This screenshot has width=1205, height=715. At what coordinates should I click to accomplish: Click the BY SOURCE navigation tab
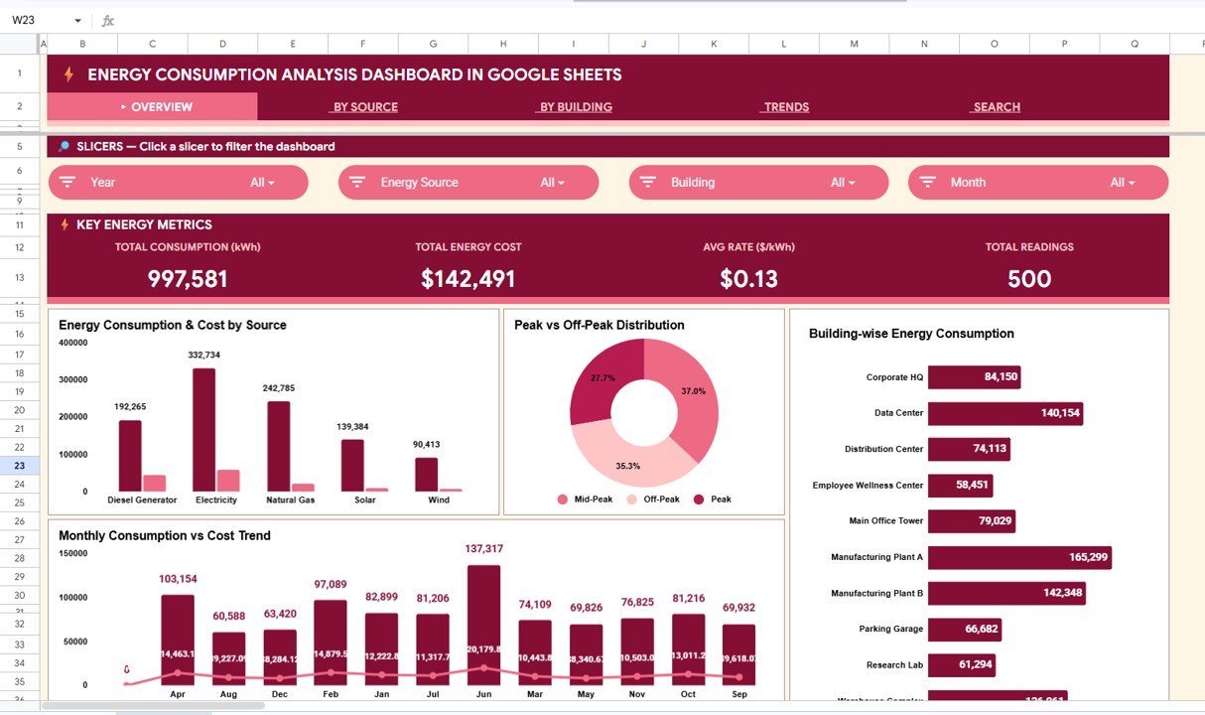(365, 107)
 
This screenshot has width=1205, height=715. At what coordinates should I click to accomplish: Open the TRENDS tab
(786, 107)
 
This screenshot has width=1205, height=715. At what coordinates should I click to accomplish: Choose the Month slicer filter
(1037, 183)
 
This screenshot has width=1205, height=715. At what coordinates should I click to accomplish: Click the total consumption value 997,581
(188, 279)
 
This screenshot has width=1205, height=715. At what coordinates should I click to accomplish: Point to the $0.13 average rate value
(749, 279)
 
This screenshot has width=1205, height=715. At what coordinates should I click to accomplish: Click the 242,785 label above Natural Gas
(279, 388)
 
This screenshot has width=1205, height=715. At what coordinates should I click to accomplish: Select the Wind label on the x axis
(438, 500)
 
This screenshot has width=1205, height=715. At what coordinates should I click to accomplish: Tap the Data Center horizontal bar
(1004, 413)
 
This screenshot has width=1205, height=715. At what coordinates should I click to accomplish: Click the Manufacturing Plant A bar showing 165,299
(1018, 557)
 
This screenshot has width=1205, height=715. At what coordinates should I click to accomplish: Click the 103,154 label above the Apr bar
(178, 579)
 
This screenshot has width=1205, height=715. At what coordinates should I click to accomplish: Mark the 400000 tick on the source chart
(73, 343)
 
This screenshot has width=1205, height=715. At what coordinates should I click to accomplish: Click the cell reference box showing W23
(40, 20)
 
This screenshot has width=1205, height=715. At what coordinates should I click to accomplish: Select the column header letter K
(714, 44)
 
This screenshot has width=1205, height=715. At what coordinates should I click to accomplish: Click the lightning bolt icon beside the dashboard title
(68, 74)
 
